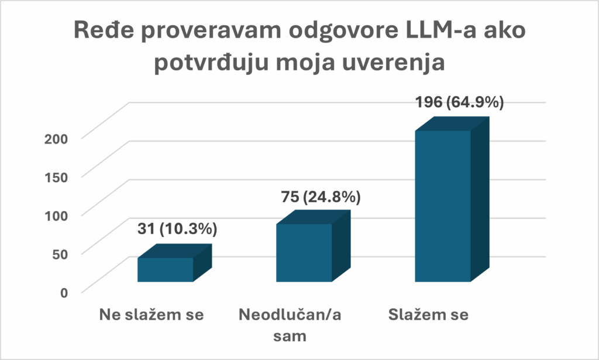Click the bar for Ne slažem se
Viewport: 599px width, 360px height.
166,269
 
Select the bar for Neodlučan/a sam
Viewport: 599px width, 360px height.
304,252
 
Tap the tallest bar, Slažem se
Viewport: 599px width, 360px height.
443,205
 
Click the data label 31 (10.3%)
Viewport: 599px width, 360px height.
177,229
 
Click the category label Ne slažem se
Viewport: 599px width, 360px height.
150,316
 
